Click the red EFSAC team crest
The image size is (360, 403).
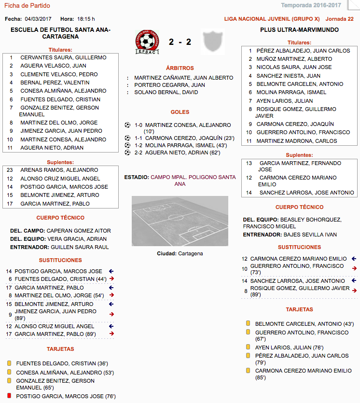pos(148,42)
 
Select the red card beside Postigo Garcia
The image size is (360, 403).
pos(9,396)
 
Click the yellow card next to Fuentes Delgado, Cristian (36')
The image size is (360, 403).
pos(9,363)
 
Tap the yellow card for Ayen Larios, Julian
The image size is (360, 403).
pos(248,347)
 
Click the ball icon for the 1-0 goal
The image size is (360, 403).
pos(127,125)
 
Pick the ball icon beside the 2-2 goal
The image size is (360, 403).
pos(127,153)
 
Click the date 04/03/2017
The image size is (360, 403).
pos(38,19)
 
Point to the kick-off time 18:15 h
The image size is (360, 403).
pos(86,19)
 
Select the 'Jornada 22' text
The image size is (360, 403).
pos(340,19)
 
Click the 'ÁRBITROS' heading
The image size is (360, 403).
pos(180,69)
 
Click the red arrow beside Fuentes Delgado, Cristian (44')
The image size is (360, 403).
pos(111,279)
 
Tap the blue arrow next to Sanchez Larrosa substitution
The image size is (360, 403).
pos(354,280)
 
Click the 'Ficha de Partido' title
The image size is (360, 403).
pos(27,6)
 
